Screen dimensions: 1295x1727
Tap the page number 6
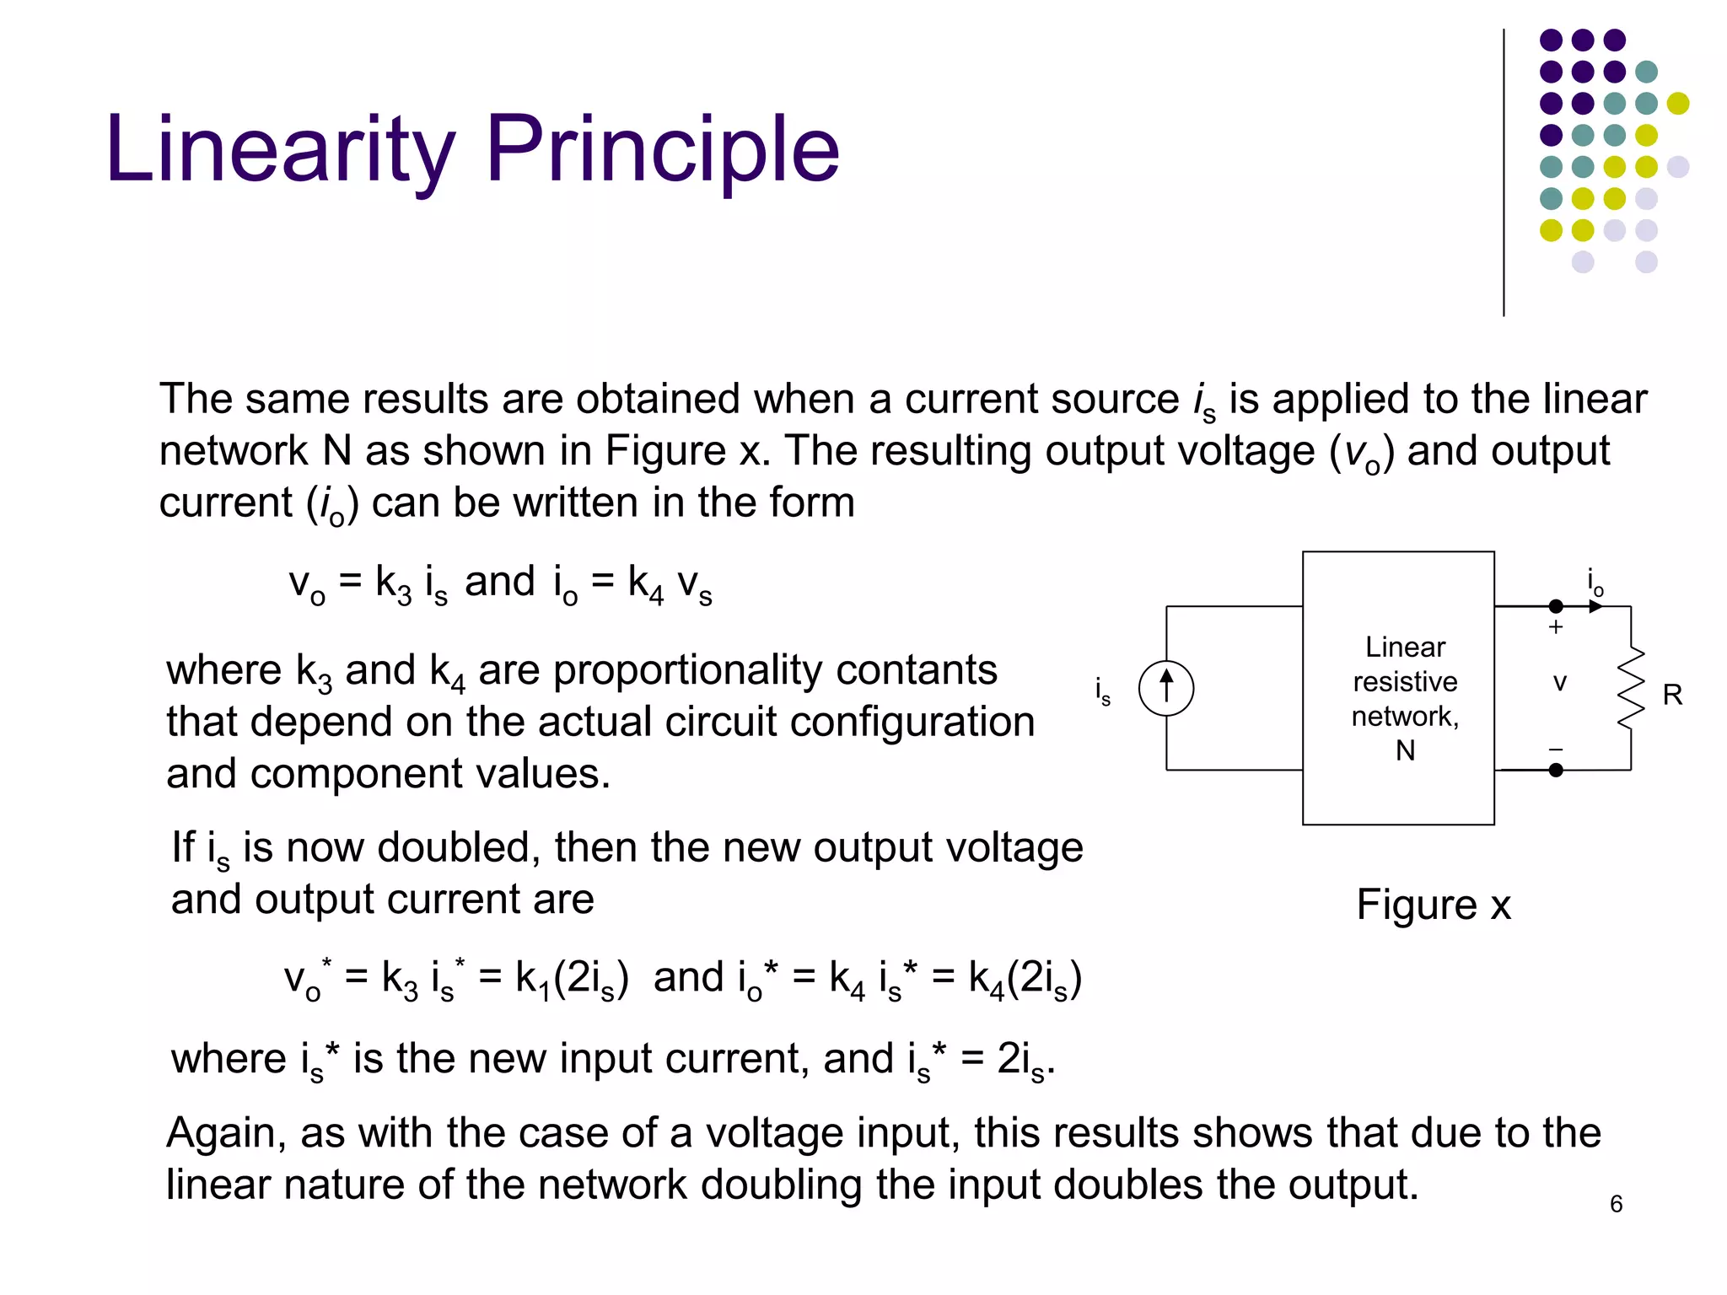tap(1616, 1204)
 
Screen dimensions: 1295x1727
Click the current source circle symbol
tap(1166, 688)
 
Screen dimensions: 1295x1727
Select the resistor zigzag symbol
tap(1631, 688)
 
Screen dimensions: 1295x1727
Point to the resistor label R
tap(1672, 695)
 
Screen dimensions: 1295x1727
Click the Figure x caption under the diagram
tap(1434, 905)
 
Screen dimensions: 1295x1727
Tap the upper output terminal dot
tap(1556, 606)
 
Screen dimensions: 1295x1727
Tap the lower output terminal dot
tap(1556, 770)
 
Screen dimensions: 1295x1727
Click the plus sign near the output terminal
tap(1556, 627)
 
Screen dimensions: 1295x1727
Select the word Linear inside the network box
tap(1405, 647)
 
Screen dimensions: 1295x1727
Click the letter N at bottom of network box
tap(1405, 750)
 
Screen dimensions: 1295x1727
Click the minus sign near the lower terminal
tap(1556, 750)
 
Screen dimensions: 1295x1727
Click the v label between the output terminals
tap(1560, 683)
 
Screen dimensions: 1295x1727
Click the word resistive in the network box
tap(1405, 681)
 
